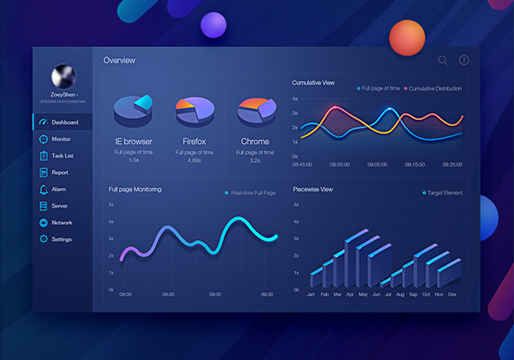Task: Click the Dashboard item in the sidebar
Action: [64, 122]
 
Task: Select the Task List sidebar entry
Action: [62, 156]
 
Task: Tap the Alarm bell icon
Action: [43, 190]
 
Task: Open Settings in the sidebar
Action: [61, 239]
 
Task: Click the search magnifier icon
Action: [442, 61]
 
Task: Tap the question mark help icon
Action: [464, 61]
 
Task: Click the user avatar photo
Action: [63, 77]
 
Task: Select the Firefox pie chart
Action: [195, 110]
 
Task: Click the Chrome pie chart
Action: [256, 110]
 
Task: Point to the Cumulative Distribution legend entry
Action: [434, 89]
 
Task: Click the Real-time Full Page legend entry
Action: [253, 193]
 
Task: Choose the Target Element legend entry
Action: [444, 193]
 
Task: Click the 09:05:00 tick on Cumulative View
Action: [377, 165]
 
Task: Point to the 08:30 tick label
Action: [168, 294]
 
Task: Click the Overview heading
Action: [119, 61]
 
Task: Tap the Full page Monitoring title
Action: [135, 190]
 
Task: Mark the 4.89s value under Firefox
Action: [194, 161]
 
